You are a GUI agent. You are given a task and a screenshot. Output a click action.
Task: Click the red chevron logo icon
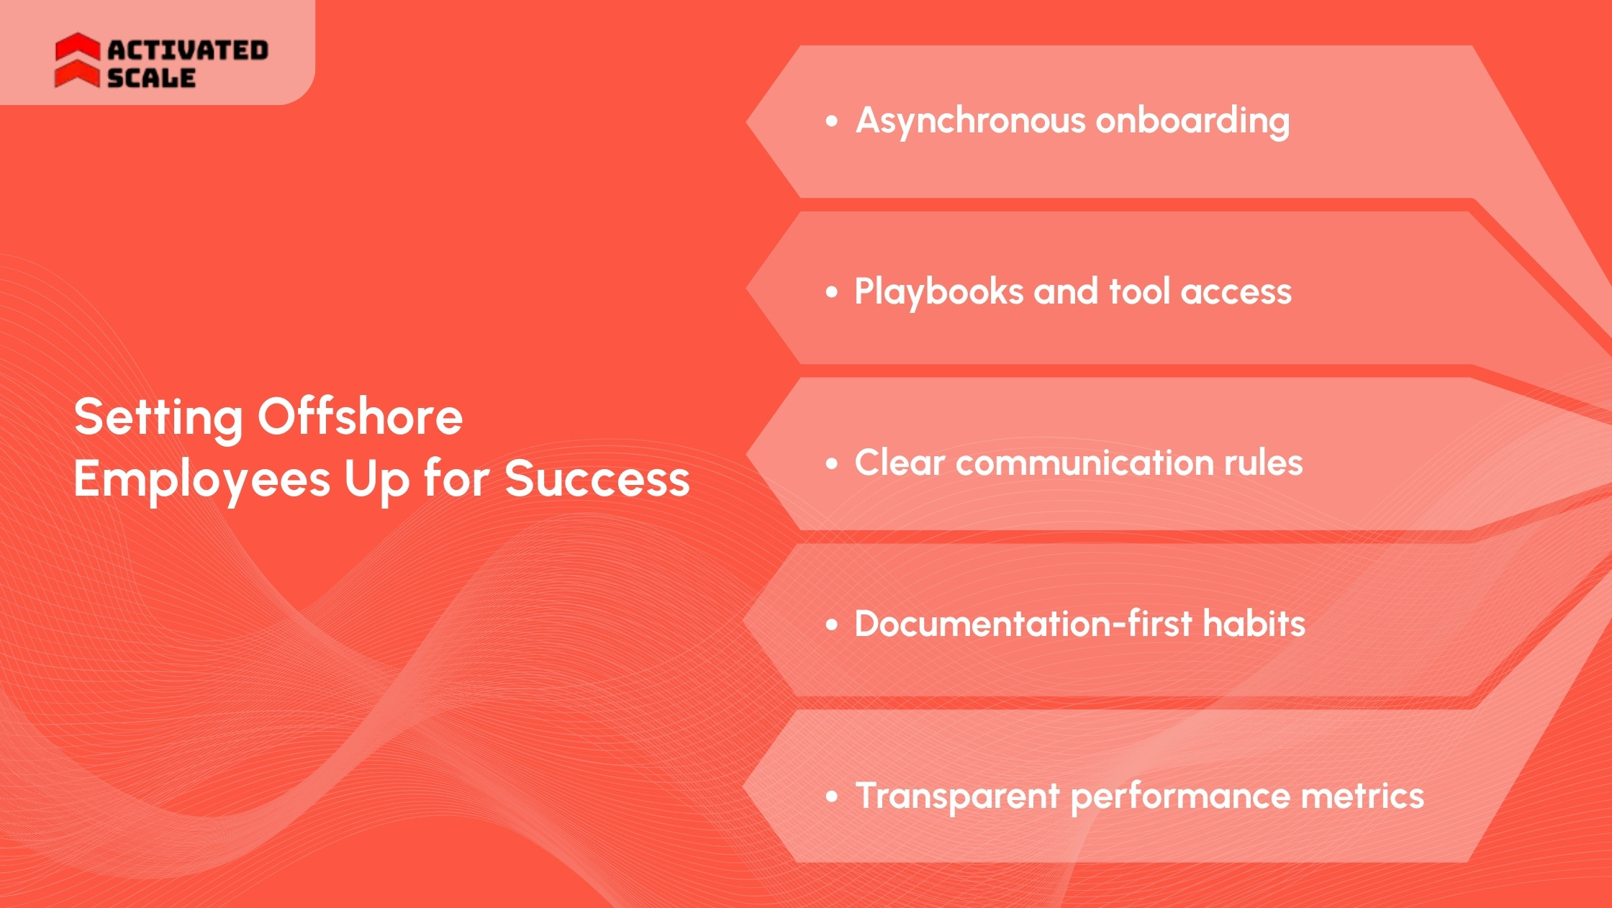77,60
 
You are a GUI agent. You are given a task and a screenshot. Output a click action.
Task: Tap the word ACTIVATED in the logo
188,50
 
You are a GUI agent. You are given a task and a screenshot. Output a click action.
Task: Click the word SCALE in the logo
151,78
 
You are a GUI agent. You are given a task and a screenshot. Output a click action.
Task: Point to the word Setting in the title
159,418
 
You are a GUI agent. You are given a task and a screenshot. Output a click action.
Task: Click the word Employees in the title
202,480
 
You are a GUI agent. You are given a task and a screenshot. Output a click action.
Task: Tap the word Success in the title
597,479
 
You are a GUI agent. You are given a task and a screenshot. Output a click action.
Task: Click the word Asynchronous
970,121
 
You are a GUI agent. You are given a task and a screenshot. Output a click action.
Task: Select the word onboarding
1192,121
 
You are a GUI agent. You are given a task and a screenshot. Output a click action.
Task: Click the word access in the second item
1236,292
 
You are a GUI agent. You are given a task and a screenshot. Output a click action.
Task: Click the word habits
1254,624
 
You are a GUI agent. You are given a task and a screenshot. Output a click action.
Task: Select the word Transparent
958,796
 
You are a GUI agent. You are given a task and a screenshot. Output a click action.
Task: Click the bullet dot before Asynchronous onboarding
832,121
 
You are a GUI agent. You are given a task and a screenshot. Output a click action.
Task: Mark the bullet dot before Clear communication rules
832,463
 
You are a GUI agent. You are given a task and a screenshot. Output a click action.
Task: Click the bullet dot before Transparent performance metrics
832,796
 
